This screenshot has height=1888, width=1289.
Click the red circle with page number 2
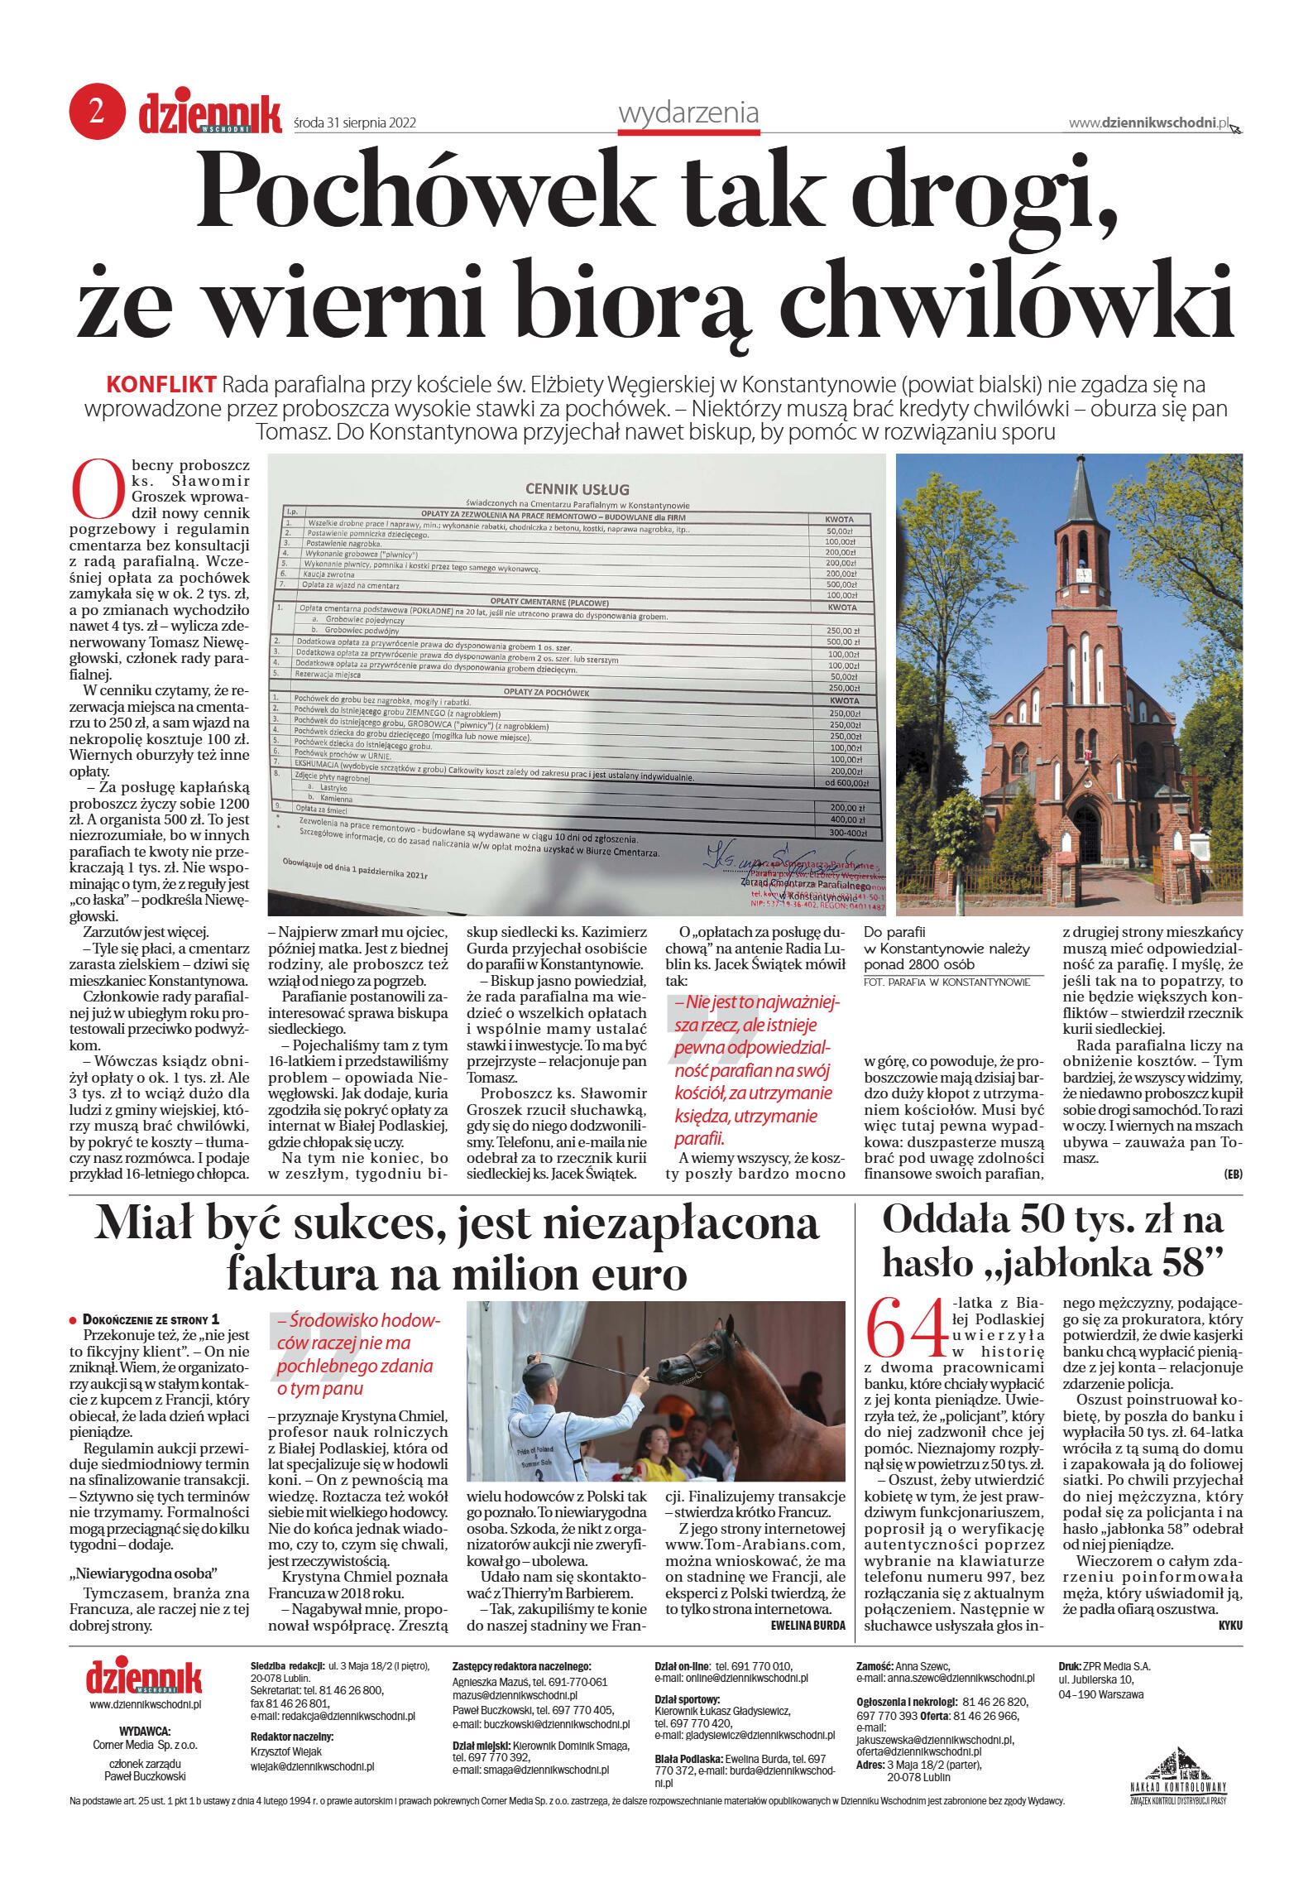97,112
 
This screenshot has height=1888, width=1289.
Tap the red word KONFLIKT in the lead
161,385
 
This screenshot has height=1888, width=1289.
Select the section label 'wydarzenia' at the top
688,113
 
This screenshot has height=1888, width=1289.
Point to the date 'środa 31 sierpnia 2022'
355,123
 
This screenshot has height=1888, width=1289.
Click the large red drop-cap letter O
97,488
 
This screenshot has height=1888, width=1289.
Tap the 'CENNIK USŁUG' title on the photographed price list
577,489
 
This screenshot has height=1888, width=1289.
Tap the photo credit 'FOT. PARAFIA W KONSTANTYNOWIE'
946,982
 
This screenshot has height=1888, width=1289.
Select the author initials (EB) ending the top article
1233,1175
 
